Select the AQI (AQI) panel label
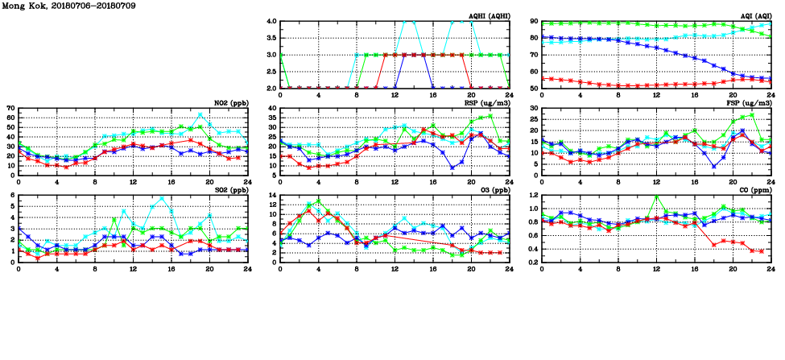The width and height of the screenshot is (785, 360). tap(754, 16)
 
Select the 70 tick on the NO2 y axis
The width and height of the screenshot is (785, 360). tap(10, 108)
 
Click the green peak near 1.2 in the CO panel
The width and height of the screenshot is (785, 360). tap(657, 196)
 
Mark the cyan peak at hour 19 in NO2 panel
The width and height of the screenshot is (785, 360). tap(200, 114)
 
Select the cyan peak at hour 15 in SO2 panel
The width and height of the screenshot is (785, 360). tap(162, 198)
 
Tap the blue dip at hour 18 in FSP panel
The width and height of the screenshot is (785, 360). tap(714, 166)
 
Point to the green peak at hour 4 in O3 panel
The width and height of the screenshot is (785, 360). tap(319, 201)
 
